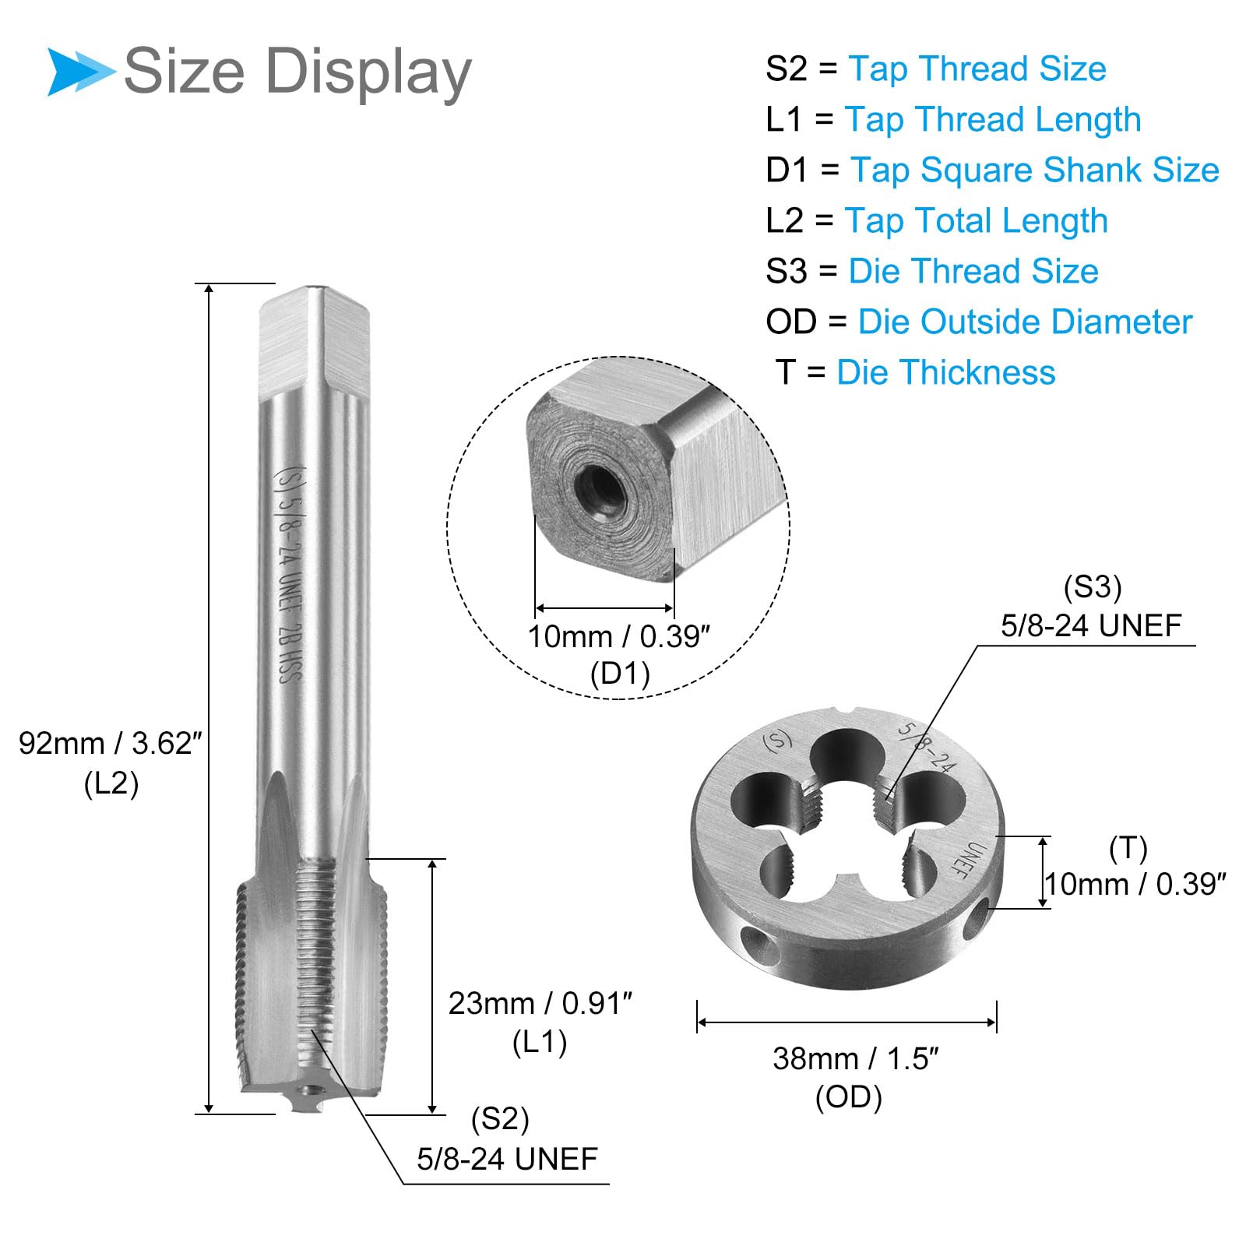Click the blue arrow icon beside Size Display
point(80,72)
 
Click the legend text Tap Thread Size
point(977,69)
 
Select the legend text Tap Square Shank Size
point(1035,170)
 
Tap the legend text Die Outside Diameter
point(1025,322)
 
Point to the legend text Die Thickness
point(946,372)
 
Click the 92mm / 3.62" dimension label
point(111,744)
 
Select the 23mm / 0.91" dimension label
point(540,1003)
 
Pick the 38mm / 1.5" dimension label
point(856,1058)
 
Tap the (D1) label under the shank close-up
point(620,674)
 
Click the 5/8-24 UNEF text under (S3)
point(1091,625)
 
